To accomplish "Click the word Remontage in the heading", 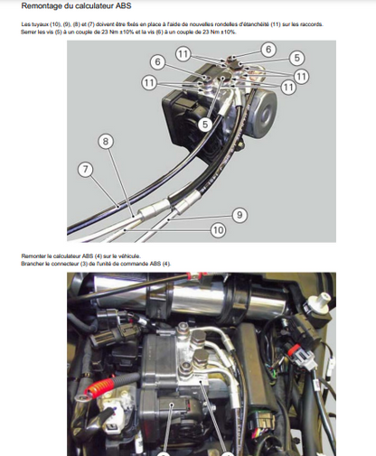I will point(44,7).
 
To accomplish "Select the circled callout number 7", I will point(86,169).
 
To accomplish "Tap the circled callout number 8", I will point(107,141).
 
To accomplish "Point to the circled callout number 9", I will point(240,214).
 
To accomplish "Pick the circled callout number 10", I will point(218,231).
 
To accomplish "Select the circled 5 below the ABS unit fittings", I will point(205,124).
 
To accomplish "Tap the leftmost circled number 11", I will point(149,82).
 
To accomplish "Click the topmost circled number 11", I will point(183,55).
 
